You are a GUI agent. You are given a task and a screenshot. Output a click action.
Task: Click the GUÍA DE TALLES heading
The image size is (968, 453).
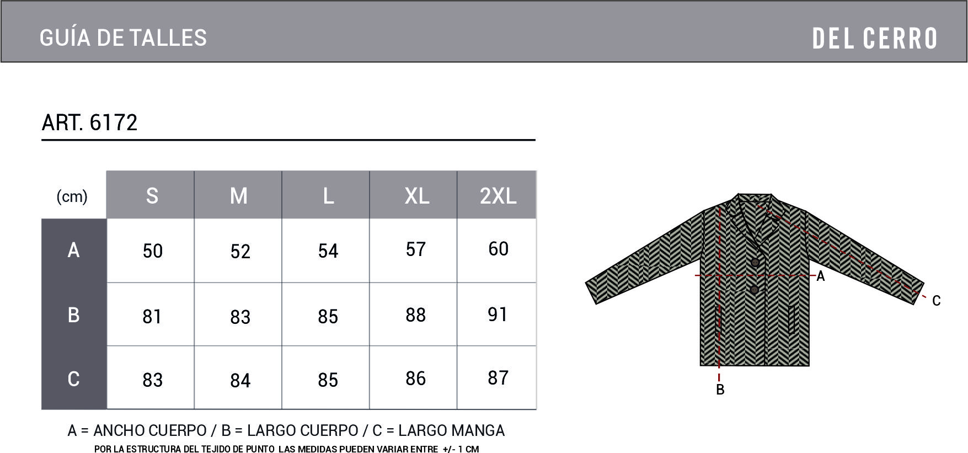click(123, 38)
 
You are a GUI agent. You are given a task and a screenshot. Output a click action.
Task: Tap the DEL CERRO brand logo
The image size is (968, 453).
click(875, 39)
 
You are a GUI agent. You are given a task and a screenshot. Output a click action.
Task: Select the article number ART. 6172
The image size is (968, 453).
click(89, 122)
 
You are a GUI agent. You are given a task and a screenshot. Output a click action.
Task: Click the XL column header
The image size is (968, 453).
click(417, 196)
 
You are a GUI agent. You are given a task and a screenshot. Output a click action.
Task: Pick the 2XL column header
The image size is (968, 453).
click(498, 196)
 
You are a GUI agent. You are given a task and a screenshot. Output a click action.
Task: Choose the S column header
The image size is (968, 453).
click(152, 196)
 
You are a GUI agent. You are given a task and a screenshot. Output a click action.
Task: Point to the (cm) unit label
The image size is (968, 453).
click(72, 196)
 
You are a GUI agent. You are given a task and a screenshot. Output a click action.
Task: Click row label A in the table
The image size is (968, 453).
click(73, 250)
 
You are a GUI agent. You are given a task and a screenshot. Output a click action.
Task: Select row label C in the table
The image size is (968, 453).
click(73, 379)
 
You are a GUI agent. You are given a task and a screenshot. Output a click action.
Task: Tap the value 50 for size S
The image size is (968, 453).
click(153, 251)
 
